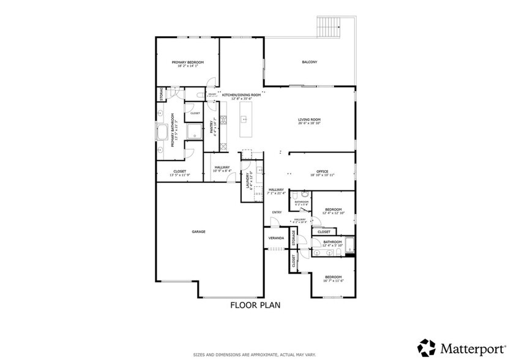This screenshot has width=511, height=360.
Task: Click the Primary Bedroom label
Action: [187, 62]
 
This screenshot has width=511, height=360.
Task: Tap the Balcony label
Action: [309, 62]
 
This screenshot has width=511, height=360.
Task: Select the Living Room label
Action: [309, 119]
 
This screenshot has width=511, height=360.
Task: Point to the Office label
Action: [322, 171]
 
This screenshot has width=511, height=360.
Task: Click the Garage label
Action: [198, 231]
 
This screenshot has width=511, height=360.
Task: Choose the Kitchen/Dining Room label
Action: [241, 95]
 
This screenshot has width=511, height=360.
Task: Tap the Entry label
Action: [277, 212]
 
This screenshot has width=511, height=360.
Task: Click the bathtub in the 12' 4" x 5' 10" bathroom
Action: [349, 246]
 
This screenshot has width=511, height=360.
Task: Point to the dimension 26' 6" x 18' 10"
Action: [309, 124]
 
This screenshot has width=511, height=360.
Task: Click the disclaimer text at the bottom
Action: [255, 354]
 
